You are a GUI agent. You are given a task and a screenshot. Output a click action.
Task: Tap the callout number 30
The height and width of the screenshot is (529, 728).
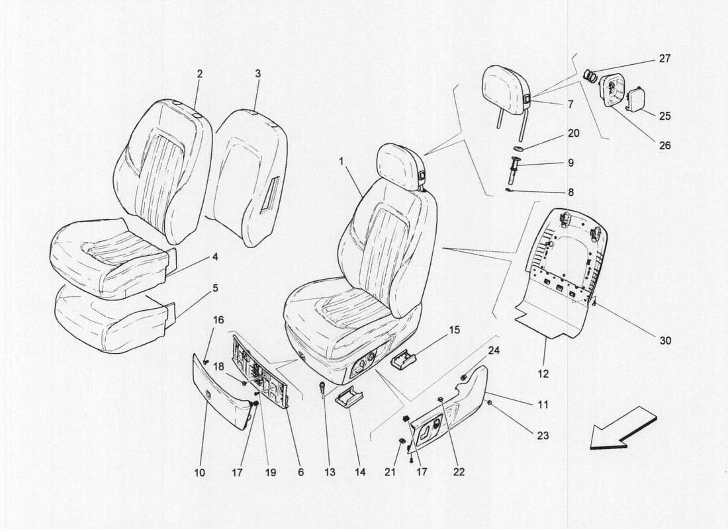665,341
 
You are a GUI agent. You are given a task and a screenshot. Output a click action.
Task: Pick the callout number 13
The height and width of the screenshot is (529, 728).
330,472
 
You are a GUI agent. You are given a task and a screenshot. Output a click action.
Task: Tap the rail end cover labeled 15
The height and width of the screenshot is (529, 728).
404,362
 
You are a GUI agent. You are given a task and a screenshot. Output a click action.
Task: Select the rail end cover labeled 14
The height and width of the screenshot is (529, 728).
350,399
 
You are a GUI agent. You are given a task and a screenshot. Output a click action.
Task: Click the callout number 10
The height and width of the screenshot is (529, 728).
200,472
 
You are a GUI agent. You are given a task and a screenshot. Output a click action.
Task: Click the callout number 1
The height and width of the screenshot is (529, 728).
342,161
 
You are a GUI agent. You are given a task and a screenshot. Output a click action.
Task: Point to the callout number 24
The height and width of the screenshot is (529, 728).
494,350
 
